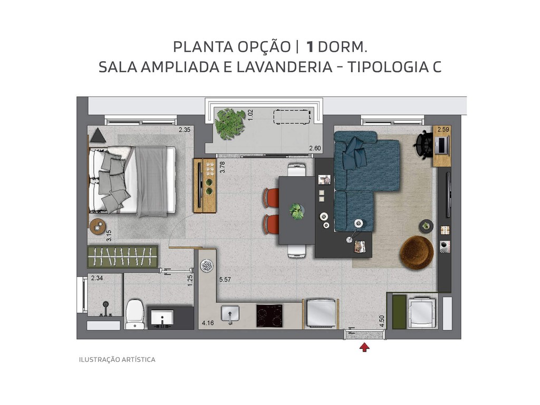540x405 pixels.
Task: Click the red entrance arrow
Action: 364,347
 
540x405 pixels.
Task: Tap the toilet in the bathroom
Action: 135,314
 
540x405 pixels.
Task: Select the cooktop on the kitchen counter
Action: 269,315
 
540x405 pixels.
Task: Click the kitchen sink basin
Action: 230,315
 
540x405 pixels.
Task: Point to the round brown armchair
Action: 417,253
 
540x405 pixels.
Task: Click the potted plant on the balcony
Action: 230,123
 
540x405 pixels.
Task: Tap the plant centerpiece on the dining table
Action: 297,211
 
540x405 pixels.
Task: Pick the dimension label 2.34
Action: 97,278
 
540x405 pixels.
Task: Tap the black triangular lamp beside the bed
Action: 98,136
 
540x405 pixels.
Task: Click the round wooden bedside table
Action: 98,226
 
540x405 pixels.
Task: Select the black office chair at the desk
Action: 423,144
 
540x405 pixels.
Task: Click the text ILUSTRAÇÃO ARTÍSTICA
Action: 117,360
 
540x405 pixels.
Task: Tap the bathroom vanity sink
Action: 162,317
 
